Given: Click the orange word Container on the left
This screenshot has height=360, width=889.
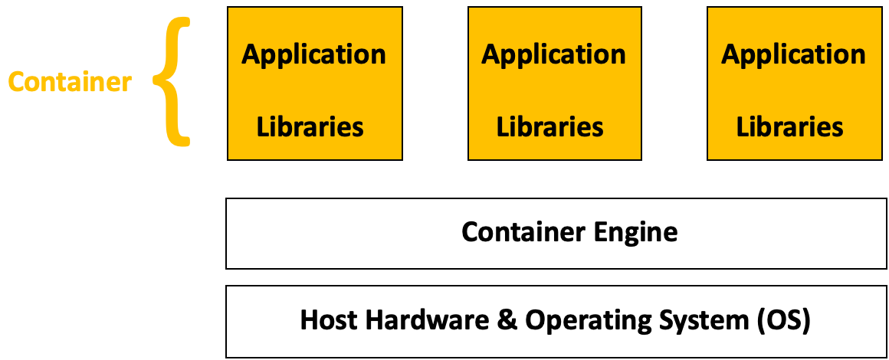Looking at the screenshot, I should (x=70, y=82).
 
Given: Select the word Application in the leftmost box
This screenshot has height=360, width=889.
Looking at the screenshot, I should (x=314, y=55).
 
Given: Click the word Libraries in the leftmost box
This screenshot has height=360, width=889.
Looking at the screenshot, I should (x=310, y=126).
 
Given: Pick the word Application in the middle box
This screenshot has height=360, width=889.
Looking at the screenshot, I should (x=553, y=55).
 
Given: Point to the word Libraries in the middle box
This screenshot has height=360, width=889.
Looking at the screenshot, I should (x=550, y=126).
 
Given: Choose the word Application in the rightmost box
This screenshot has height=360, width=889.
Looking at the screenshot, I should (x=793, y=55).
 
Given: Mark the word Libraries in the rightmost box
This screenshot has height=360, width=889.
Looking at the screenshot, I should (x=790, y=126).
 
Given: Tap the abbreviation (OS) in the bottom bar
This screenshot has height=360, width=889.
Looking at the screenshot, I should (x=783, y=320).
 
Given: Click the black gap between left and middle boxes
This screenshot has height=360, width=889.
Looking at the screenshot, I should (x=435, y=83).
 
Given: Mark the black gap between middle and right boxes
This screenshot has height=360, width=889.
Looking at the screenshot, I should (x=674, y=83).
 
